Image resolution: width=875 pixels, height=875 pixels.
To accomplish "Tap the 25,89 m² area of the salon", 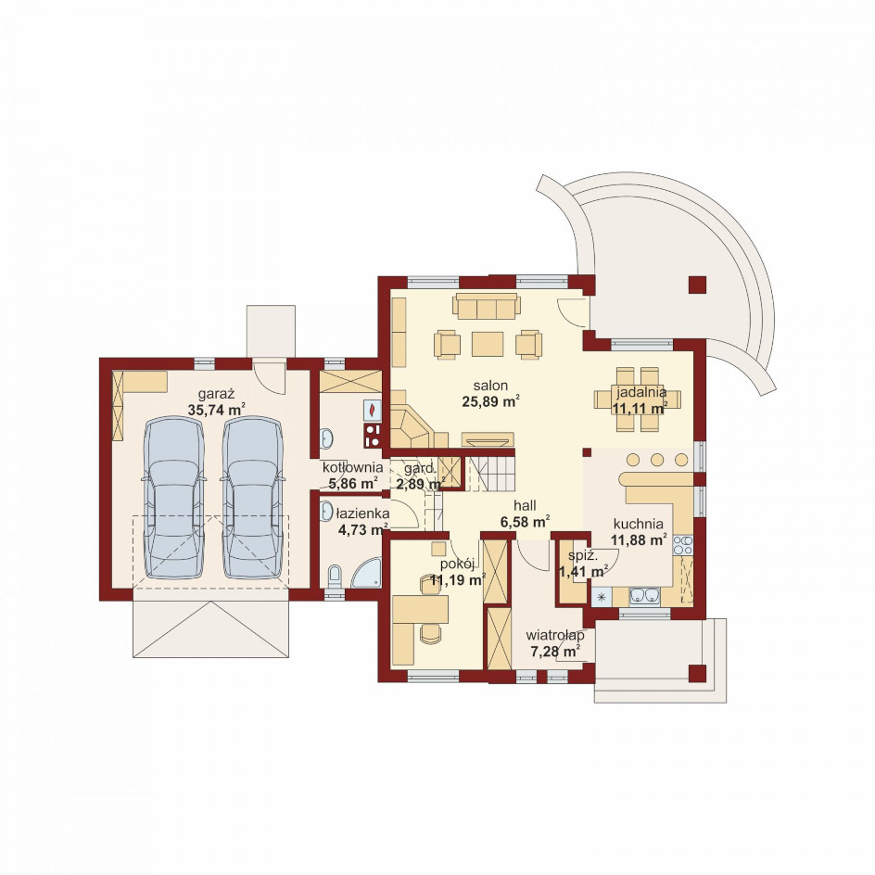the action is coord(491,401).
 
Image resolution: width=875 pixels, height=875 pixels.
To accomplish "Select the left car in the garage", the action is coord(174,499).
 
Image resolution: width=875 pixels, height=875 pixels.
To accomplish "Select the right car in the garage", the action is coord(253,499).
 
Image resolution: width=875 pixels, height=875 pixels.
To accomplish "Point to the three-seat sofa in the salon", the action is coord(487,307).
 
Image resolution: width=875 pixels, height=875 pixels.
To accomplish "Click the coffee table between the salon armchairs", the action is coord(488,344).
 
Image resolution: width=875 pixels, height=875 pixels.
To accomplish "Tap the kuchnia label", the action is coord(639,524).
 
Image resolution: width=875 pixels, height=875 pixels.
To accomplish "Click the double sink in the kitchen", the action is coord(645,596).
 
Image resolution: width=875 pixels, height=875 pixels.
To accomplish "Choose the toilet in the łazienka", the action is coord(335,576).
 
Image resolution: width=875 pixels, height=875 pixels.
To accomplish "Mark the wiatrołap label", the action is coord(555,636).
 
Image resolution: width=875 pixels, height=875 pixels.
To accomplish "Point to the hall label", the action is coord(526,505).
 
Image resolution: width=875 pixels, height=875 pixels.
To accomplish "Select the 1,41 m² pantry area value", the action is coord(584,571).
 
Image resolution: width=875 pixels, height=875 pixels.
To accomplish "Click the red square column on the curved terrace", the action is coord(697,285).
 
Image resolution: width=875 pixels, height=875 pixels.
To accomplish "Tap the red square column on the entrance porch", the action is coord(697,674).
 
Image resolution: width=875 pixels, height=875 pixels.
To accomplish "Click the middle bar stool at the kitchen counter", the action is coord(657,460).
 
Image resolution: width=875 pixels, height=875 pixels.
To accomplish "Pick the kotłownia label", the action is coord(352,468).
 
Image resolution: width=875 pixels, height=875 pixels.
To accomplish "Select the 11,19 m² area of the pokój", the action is coord(457,580).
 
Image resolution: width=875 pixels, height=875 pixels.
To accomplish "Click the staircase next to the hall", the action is coord(490,474).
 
